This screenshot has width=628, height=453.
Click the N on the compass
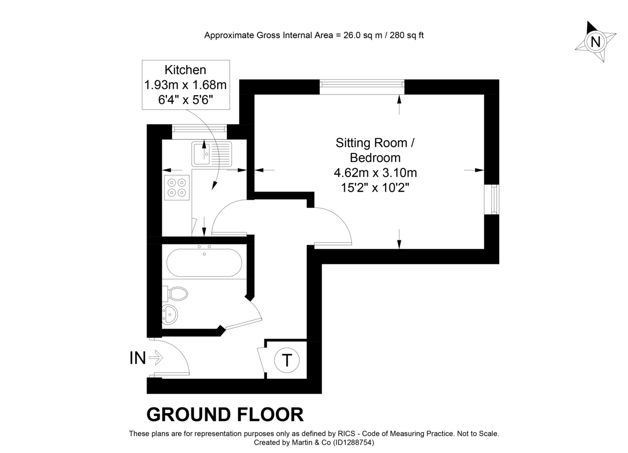(596, 42)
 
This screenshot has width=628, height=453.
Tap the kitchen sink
(211, 154)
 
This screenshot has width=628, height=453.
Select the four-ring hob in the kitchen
(177, 188)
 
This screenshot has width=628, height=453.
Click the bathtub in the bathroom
(204, 263)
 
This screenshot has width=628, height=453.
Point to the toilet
(175, 294)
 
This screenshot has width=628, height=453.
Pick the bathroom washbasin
(170, 315)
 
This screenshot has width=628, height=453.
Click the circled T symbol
(287, 360)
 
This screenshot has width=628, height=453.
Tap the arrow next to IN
(156, 358)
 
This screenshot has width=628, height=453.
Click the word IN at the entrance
(138, 358)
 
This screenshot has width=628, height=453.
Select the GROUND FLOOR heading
(225, 414)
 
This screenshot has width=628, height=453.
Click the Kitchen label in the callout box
(185, 69)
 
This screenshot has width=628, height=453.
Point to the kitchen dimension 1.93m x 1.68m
(185, 85)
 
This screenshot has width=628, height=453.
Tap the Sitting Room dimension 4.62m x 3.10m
(375, 173)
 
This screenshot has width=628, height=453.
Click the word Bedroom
(375, 158)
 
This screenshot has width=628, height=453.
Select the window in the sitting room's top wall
(362, 87)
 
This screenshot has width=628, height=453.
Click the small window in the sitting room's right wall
(492, 200)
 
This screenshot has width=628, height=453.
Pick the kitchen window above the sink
(199, 132)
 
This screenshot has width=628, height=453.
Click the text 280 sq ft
(407, 36)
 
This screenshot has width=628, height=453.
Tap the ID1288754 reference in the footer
(353, 443)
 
